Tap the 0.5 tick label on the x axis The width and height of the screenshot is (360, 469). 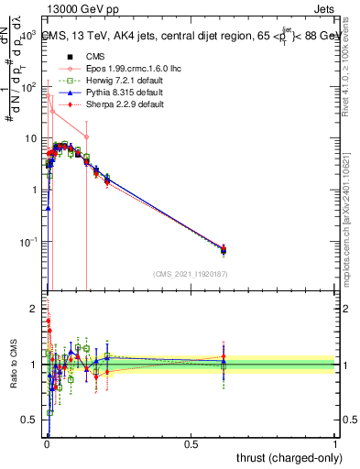click(191, 443)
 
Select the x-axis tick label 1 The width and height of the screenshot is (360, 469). click(335, 443)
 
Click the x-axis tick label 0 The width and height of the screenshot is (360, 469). click(46, 443)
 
